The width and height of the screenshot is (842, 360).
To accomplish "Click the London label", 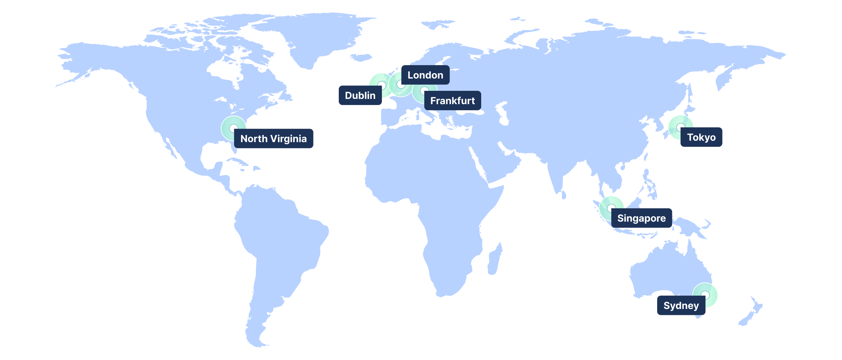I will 425,75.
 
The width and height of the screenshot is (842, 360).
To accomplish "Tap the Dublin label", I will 360,95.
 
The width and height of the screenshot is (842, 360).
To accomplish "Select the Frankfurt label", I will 452,101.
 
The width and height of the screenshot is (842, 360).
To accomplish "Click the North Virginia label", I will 273,139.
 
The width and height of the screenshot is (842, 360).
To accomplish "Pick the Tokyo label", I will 701,137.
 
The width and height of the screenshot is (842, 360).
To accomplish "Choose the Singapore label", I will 641,218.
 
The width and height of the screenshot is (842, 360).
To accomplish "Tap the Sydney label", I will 681,305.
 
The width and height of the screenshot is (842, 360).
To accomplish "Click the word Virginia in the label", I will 288,139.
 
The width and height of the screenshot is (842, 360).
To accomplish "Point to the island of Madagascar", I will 494,260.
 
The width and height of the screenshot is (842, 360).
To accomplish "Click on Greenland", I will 312,36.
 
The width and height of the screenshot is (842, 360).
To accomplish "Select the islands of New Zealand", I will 752,313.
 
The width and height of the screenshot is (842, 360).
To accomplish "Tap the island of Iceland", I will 361,58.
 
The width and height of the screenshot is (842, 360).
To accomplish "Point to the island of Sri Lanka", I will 564,195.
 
